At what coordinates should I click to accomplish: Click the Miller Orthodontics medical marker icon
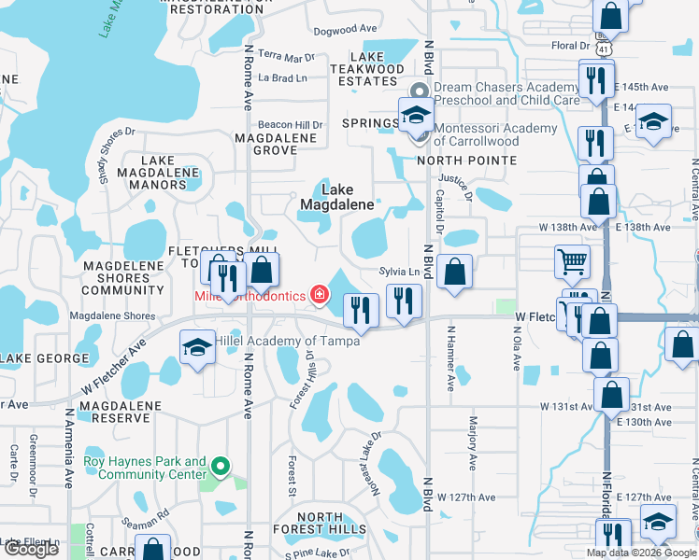click(x=320, y=296)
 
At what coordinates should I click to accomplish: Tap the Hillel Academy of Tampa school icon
click(x=197, y=347)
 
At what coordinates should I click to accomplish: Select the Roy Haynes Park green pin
click(x=220, y=465)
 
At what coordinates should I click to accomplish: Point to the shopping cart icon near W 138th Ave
click(x=571, y=261)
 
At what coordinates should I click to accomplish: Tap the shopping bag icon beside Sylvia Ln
click(x=454, y=273)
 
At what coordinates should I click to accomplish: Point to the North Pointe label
click(x=466, y=161)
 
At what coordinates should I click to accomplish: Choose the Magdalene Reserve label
click(x=121, y=413)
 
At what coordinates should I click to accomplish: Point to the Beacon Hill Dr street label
click(x=290, y=124)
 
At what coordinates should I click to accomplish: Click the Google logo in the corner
click(x=31, y=550)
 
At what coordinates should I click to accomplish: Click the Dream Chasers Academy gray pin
click(x=420, y=91)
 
